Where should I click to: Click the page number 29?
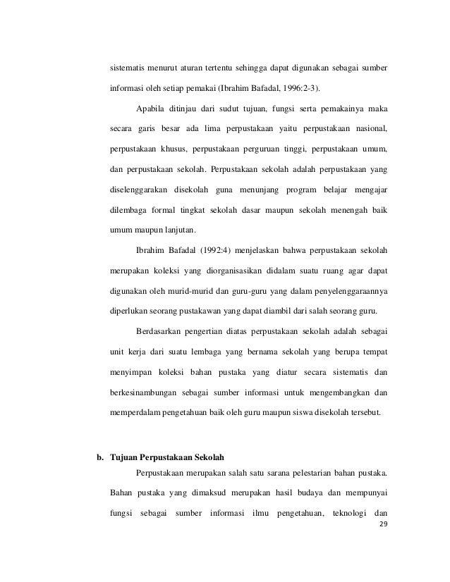[384, 525]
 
